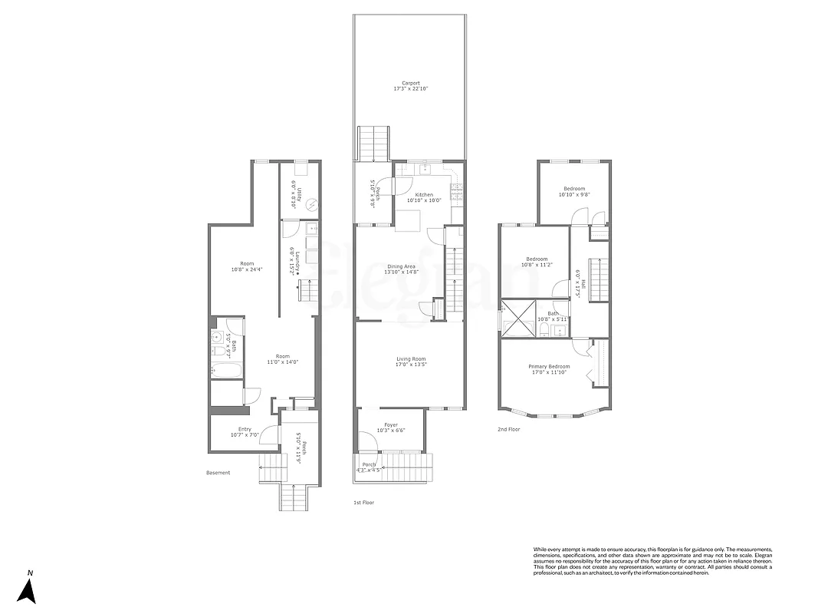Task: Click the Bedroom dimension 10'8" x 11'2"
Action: [537, 265]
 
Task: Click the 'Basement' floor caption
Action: [218, 473]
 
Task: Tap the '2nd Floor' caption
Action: [508, 430]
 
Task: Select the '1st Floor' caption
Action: [363, 502]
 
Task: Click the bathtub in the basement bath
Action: [226, 371]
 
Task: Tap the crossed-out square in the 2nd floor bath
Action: [517, 317]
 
